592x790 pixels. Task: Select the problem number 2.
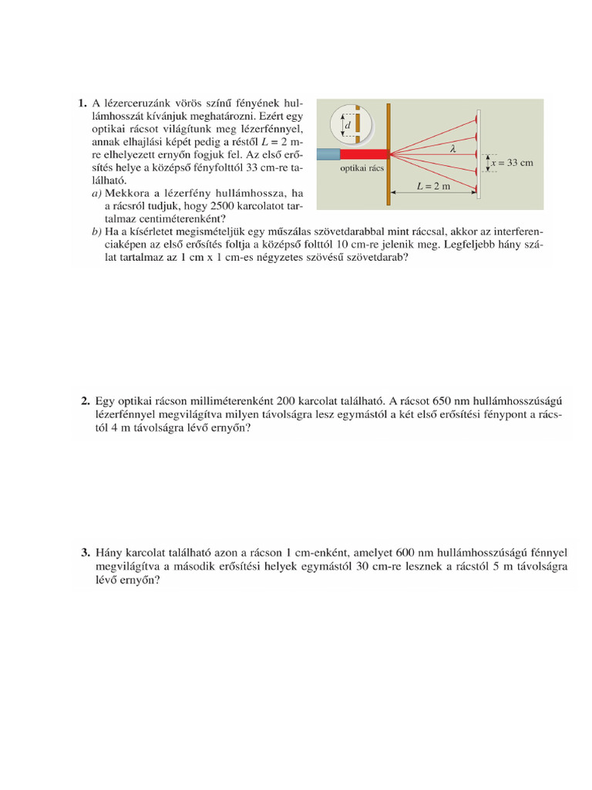tap(86, 401)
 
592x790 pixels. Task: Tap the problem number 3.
tap(86, 552)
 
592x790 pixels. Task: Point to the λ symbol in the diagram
tap(452, 150)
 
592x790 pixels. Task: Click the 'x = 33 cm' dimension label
tap(512, 163)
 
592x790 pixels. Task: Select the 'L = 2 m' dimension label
tap(432, 186)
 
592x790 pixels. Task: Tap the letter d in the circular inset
tap(348, 125)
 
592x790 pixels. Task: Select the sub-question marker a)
tap(96, 192)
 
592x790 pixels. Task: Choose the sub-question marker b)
tap(96, 231)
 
